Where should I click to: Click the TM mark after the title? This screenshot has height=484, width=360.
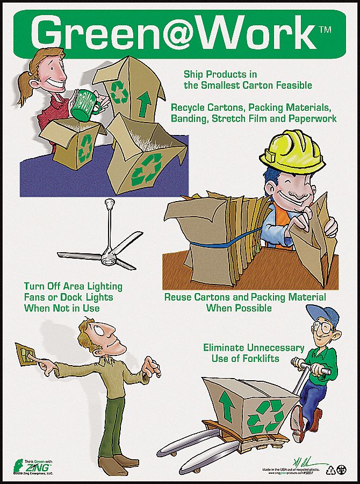click(x=325, y=31)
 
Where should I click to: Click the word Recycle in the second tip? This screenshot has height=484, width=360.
click(x=189, y=107)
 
